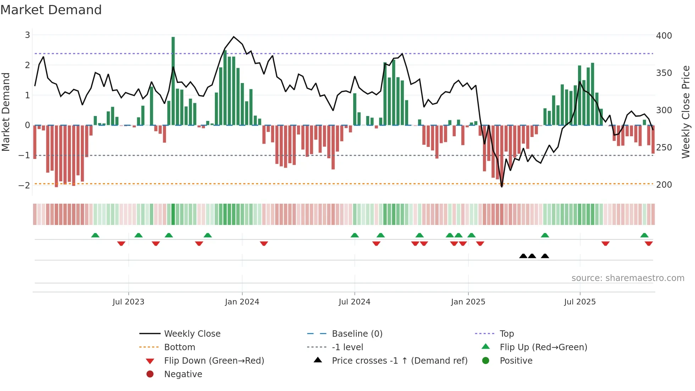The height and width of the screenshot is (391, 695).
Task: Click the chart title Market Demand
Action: coord(51,10)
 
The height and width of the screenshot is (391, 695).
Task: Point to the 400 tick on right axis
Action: coord(664,36)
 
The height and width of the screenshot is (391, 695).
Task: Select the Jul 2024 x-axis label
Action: coord(354,302)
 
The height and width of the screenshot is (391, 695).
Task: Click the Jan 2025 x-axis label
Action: coord(468,302)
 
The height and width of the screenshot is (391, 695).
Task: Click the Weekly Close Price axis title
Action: coord(686,112)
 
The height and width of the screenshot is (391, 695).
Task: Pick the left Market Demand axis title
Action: coord(6,112)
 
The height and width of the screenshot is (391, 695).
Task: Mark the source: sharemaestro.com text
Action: coord(628,278)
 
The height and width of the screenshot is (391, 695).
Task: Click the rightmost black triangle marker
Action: coord(545,256)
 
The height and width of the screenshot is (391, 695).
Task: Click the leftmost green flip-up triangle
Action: coord(95,235)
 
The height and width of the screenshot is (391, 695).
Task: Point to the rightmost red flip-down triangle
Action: coord(649,243)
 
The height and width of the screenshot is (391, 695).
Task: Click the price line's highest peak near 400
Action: coord(234,37)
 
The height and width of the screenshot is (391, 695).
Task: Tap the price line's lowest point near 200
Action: coord(502,187)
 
